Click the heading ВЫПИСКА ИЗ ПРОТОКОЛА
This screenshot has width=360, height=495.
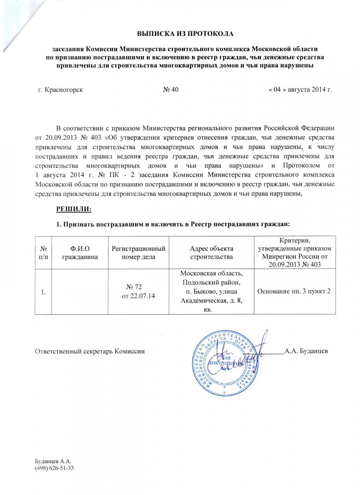pyautogui.click(x=185, y=33)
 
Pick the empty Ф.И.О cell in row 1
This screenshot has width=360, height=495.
pyautogui.click(x=81, y=292)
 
